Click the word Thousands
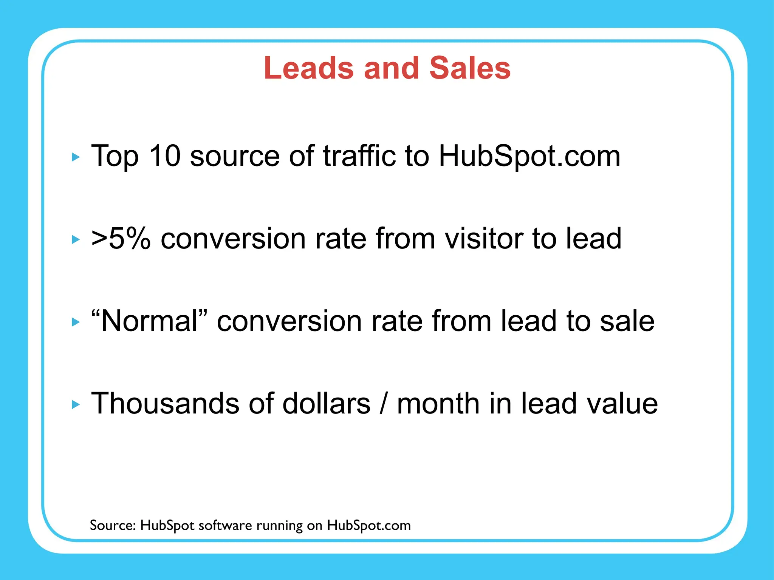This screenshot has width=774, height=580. pyautogui.click(x=166, y=403)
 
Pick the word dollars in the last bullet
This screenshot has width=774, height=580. pyautogui.click(x=326, y=403)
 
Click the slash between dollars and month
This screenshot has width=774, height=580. pyautogui.click(x=384, y=403)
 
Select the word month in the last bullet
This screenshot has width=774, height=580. pyautogui.click(x=439, y=403)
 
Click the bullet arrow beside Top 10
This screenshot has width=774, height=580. pyautogui.click(x=76, y=157)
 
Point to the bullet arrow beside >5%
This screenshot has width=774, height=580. pyautogui.click(x=76, y=239)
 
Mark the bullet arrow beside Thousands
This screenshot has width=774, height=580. pyautogui.click(x=76, y=405)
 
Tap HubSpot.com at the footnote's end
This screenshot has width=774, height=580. pyautogui.click(x=368, y=525)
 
